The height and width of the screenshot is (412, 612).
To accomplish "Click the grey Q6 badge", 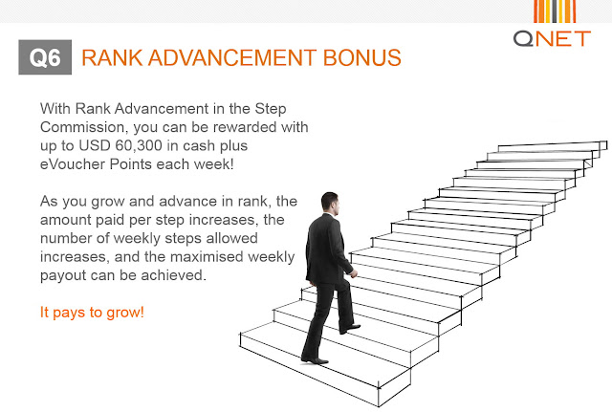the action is pos(45,57).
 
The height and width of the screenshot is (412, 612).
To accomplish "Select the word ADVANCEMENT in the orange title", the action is pos(232,57).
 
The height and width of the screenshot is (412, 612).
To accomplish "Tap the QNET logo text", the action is pos(552,39).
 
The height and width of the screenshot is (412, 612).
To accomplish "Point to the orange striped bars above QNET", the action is pos(555,11).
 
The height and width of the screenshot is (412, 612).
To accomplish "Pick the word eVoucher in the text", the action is pos(73,164).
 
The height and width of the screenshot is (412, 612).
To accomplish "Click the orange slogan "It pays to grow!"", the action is pos(92,313).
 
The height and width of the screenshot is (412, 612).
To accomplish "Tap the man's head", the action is pos(330,203).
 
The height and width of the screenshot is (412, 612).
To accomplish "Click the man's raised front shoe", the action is pos(350,329).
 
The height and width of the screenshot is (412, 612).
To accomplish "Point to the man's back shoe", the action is pos(315,360).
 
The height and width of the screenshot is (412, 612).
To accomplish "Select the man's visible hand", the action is pos(353,273).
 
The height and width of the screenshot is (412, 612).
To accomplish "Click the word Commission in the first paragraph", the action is pos(84,127).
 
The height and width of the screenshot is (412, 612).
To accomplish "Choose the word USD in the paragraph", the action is pos(95,145).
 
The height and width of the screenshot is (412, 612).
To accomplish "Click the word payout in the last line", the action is pos(63,276).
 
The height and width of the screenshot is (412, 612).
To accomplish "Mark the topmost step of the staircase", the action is pos(553,146).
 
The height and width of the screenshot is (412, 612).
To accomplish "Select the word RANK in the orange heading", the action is pos(112,57).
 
